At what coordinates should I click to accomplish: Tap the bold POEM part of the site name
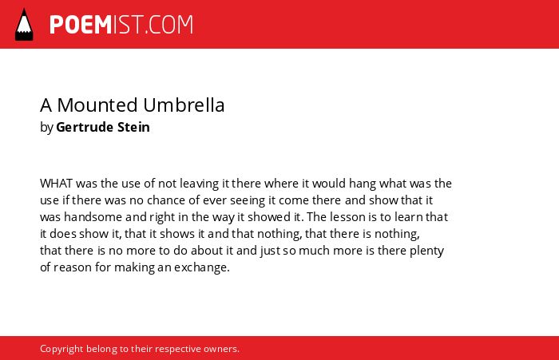coord(81,25)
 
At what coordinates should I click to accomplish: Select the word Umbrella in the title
coord(184,105)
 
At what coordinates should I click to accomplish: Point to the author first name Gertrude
coord(84,127)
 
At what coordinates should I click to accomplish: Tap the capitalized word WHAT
coord(57,184)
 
